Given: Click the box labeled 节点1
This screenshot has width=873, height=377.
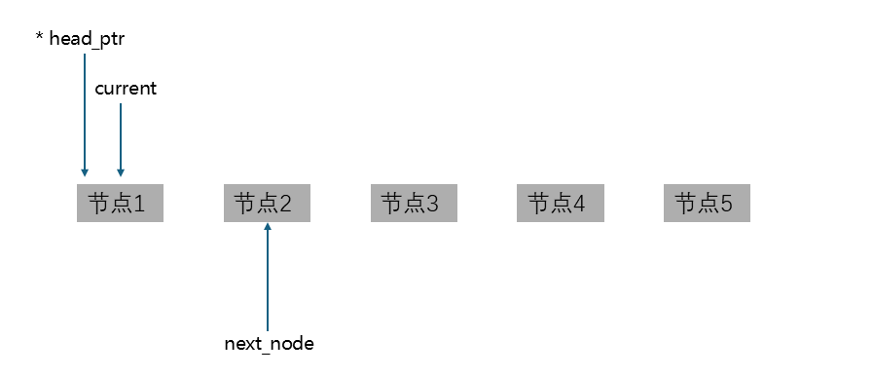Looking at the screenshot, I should (120, 204).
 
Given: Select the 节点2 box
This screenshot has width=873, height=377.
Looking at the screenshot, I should (267, 204).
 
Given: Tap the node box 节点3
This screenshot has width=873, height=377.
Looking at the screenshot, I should (413, 204).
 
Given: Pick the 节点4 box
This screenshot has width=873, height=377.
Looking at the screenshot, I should (560, 204).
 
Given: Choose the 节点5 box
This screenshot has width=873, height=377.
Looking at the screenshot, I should (707, 204).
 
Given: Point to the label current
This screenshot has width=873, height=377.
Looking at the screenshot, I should (126, 89).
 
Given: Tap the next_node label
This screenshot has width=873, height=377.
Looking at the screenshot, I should (269, 344).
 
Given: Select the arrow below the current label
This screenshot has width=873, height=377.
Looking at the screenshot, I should (121, 136).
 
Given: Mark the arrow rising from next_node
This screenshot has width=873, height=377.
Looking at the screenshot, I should (267, 283).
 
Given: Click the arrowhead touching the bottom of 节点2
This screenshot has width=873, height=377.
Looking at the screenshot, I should (267, 227).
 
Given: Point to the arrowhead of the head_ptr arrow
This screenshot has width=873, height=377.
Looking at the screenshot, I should (85, 171).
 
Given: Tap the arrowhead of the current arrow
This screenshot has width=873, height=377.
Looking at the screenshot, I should (121, 171).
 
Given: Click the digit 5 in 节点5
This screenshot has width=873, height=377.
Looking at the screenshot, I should (726, 205).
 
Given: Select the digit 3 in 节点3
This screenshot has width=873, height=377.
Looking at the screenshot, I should (433, 205).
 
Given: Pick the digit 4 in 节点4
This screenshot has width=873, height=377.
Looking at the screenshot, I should (580, 205).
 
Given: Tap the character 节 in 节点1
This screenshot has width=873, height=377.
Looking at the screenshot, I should (98, 204).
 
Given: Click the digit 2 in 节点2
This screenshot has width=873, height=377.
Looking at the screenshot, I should (286, 205).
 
